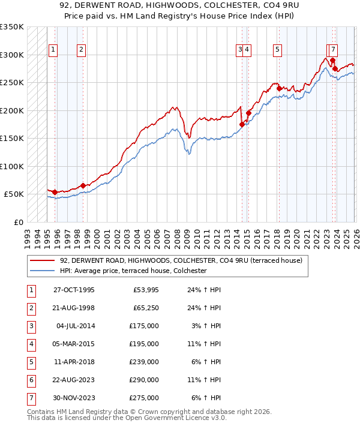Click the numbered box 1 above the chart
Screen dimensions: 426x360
pos(53,50)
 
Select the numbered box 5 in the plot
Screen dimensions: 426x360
pos(278,50)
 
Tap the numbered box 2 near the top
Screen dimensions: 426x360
pos(81,50)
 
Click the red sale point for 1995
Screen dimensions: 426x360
pos(55,192)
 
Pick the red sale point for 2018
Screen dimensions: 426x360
pos(279,88)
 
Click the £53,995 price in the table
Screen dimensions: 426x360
pos(146,290)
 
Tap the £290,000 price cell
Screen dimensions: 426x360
pos(144,380)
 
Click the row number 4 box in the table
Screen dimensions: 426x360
pos(31,344)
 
